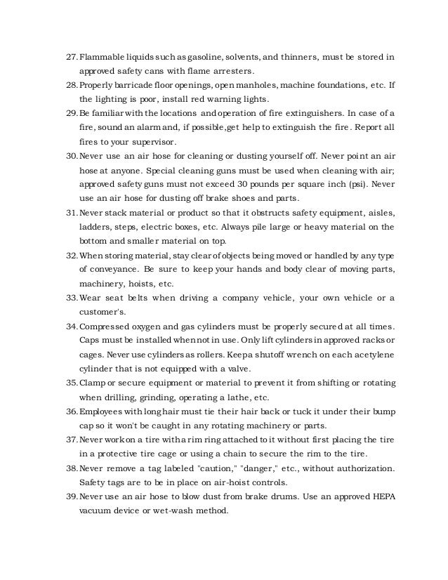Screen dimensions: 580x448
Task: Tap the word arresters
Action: point(230,71)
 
